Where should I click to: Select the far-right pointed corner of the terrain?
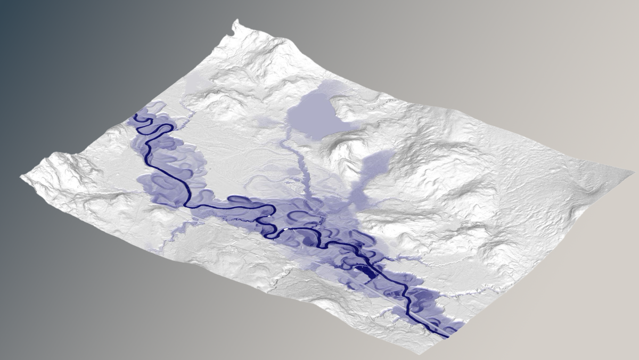click(634, 172)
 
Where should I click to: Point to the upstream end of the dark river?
click(135, 114)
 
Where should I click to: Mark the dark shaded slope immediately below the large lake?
click(341, 141)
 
